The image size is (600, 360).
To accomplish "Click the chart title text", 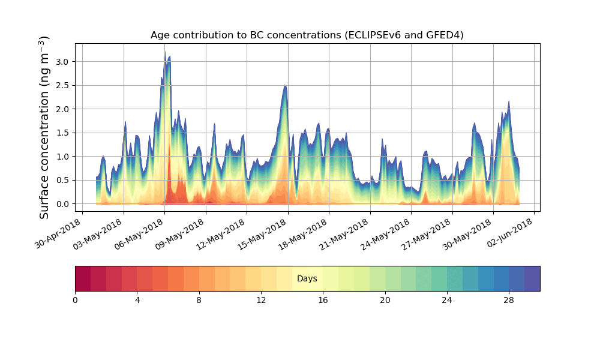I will point(307,35).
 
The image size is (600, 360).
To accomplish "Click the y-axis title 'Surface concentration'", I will point(44,127).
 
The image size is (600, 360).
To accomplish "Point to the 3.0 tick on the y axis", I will point(62,62).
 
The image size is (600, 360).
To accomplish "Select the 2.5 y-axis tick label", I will point(62,85).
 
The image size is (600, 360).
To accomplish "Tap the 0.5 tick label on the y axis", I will point(62,180).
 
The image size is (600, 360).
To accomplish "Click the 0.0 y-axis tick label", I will point(62,204).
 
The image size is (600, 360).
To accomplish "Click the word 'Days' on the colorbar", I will point(307,279).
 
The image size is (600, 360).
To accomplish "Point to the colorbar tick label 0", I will point(75,299).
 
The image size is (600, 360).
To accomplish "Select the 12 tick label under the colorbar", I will point(261,299).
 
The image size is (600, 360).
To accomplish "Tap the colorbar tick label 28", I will point(509,299).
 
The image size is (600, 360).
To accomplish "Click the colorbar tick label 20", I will point(385,299).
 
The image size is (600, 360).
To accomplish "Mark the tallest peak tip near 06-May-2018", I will point(165,52).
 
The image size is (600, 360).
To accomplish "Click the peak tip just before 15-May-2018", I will point(285,85).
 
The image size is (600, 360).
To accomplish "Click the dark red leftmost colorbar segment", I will point(83,278).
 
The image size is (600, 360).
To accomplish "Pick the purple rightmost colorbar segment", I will point(532,278).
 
